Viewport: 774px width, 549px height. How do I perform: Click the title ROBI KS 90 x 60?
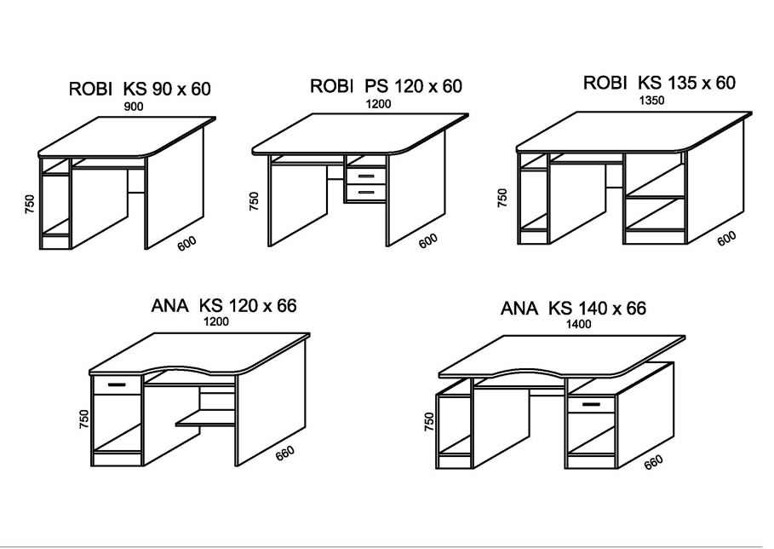pyautogui.click(x=140, y=89)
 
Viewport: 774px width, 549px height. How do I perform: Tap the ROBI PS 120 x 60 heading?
pyautogui.click(x=386, y=86)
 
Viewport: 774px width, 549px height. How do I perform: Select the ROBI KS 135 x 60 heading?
pyautogui.click(x=660, y=83)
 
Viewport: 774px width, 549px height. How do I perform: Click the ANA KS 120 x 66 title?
pyautogui.click(x=224, y=305)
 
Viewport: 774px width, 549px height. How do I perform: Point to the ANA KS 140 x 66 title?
pyautogui.click(x=573, y=309)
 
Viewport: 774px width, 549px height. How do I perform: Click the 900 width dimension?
pyautogui.click(x=134, y=107)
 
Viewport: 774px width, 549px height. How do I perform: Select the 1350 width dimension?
pyautogui.click(x=652, y=101)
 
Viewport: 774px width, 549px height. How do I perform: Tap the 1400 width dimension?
pyautogui.click(x=578, y=324)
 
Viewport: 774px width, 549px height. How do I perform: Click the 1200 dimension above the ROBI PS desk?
pyautogui.click(x=378, y=104)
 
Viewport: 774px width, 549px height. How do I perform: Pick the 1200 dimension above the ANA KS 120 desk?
pyautogui.click(x=216, y=321)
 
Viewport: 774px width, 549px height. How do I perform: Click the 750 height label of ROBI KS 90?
pyautogui.click(x=30, y=204)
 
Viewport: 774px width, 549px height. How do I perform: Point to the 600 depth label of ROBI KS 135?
pyautogui.click(x=726, y=238)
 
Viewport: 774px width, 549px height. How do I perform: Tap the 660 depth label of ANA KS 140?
pyautogui.click(x=654, y=463)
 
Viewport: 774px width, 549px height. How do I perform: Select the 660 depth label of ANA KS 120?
pyautogui.click(x=285, y=454)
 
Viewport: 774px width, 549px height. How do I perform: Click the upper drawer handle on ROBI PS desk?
pyautogui.click(x=365, y=176)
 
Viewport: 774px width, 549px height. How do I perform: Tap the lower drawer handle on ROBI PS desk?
pyautogui.click(x=365, y=192)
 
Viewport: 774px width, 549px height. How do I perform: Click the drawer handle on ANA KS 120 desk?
pyautogui.click(x=118, y=384)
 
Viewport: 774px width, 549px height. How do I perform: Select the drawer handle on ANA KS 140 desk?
pyautogui.click(x=591, y=405)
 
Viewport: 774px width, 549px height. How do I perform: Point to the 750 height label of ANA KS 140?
pyautogui.click(x=430, y=422)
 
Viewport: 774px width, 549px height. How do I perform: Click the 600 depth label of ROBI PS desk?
pyautogui.click(x=428, y=240)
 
